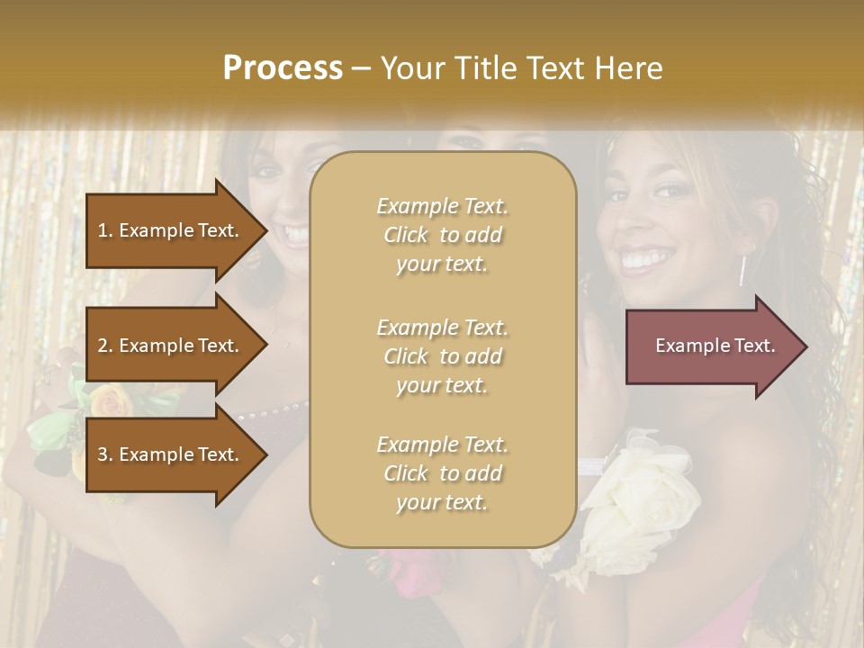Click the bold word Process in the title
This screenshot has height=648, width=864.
coord(283,68)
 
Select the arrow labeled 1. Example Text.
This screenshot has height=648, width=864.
coord(171,230)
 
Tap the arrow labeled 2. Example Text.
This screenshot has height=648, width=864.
coord(171,346)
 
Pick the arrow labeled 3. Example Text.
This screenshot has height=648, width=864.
coord(171,454)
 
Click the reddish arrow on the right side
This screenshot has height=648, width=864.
coord(711,346)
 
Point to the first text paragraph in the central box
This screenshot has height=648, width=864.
coord(442,235)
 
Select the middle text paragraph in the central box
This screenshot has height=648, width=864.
coord(442,356)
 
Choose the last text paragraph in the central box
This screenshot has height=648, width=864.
coord(442,473)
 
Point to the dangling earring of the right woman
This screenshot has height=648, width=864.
coord(742,268)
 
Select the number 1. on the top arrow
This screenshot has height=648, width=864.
coord(105,230)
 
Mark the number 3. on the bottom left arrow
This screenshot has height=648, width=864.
coord(105,454)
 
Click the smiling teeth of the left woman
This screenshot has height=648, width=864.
coord(295,236)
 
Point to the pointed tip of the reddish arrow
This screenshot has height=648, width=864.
coord(805,346)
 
